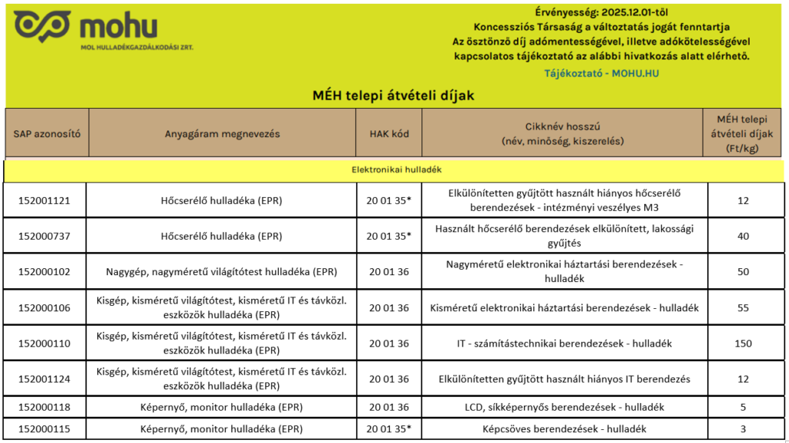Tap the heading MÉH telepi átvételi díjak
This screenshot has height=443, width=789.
click(x=393, y=96)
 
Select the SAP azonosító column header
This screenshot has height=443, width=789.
click(x=47, y=133)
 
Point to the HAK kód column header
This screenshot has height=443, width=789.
click(x=389, y=133)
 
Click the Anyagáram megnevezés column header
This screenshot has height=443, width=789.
click(x=222, y=133)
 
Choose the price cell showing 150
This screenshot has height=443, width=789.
click(x=743, y=343)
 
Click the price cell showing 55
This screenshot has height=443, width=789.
click(x=743, y=307)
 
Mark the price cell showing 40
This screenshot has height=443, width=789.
click(x=743, y=236)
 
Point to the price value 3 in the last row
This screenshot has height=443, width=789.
click(x=743, y=428)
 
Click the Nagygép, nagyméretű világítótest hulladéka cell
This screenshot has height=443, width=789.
click(x=221, y=271)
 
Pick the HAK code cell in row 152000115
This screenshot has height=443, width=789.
click(x=389, y=428)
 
